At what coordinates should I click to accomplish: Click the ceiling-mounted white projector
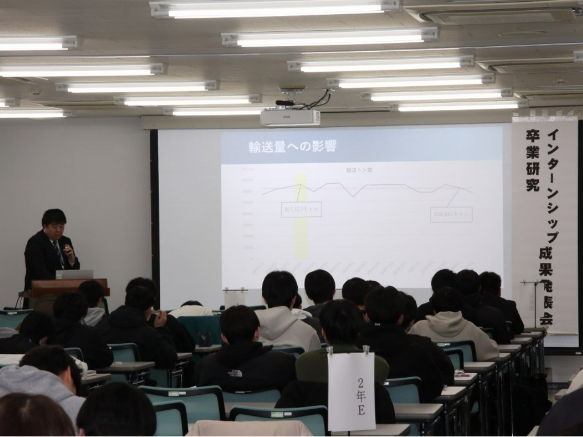click(290, 117)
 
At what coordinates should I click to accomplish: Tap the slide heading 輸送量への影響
click(293, 146)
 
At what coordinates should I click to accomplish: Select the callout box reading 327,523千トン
click(301, 209)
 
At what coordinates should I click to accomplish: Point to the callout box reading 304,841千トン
click(451, 214)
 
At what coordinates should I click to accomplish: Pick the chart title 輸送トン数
click(359, 170)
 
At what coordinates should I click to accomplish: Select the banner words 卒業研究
click(532, 160)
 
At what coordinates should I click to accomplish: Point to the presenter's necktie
click(58, 253)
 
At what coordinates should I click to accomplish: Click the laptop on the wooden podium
click(73, 274)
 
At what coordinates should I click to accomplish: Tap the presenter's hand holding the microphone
click(69, 250)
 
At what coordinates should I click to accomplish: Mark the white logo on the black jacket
click(234, 373)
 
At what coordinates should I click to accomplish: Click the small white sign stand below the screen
click(235, 297)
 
